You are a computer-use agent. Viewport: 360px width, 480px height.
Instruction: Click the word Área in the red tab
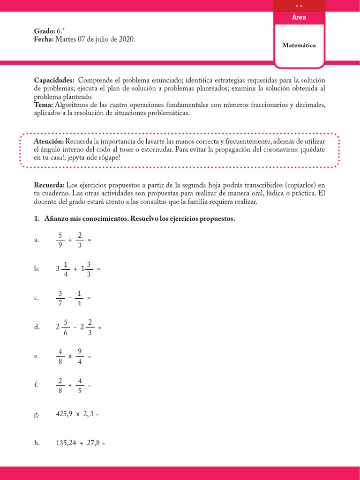(x=299, y=17)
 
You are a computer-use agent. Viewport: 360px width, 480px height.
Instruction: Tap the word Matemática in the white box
(x=299, y=45)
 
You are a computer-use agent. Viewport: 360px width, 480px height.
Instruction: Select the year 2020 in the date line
(x=126, y=40)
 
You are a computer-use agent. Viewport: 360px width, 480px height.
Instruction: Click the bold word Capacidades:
(x=54, y=80)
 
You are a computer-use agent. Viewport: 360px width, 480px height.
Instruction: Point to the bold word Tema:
(x=44, y=105)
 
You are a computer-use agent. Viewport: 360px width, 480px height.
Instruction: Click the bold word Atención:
(x=49, y=141)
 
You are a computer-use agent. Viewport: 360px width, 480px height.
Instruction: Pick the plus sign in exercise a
(x=70, y=240)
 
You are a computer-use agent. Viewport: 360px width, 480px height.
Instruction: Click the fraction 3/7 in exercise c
(x=60, y=298)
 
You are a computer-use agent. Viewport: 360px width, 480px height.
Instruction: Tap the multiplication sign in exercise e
(x=70, y=356)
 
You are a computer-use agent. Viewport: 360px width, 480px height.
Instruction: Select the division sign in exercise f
(x=70, y=385)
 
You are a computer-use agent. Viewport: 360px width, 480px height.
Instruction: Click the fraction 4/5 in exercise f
(x=80, y=385)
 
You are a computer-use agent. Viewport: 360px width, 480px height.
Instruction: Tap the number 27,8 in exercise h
(x=92, y=443)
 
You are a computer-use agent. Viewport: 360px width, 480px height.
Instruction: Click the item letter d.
(x=37, y=327)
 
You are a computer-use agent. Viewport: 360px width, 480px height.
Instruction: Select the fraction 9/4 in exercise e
(x=80, y=356)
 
